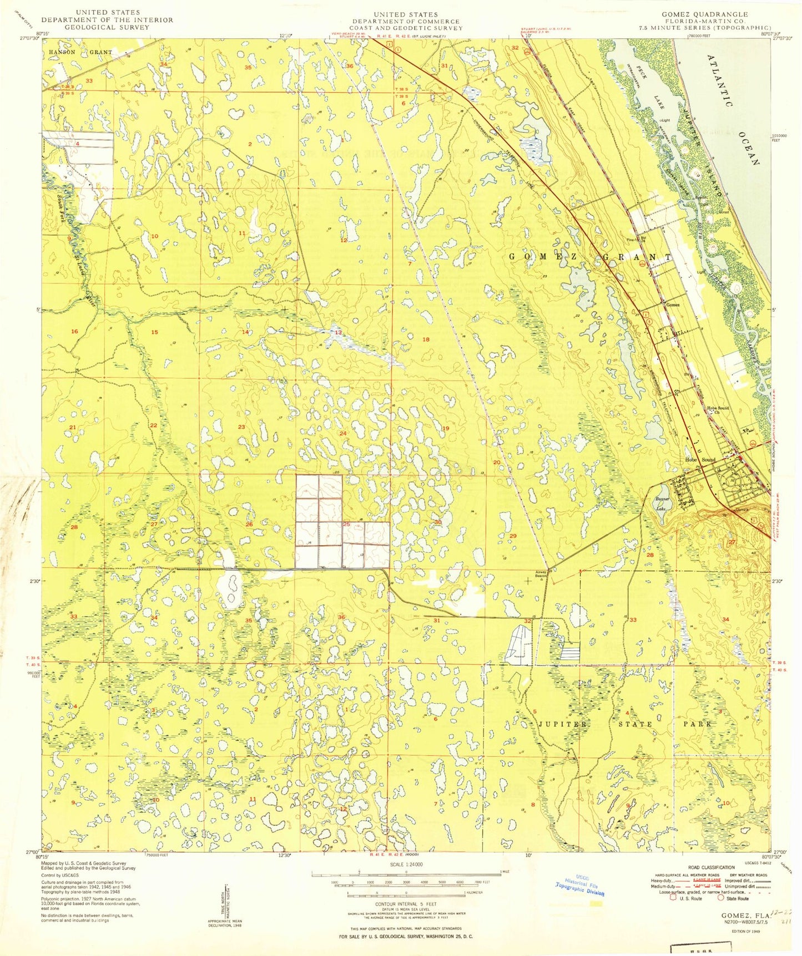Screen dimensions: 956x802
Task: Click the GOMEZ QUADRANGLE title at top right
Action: pyautogui.click(x=704, y=14)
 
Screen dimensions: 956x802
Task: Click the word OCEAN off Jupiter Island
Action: pyautogui.click(x=748, y=146)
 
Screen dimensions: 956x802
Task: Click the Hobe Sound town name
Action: pyautogui.click(x=699, y=460)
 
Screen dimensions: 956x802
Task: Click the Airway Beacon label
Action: pyautogui.click(x=541, y=573)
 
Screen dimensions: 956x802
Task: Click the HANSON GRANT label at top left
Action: pyautogui.click(x=80, y=52)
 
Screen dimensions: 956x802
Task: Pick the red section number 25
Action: pyautogui.click(x=346, y=524)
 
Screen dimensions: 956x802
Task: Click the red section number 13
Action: pyautogui.click(x=338, y=333)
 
